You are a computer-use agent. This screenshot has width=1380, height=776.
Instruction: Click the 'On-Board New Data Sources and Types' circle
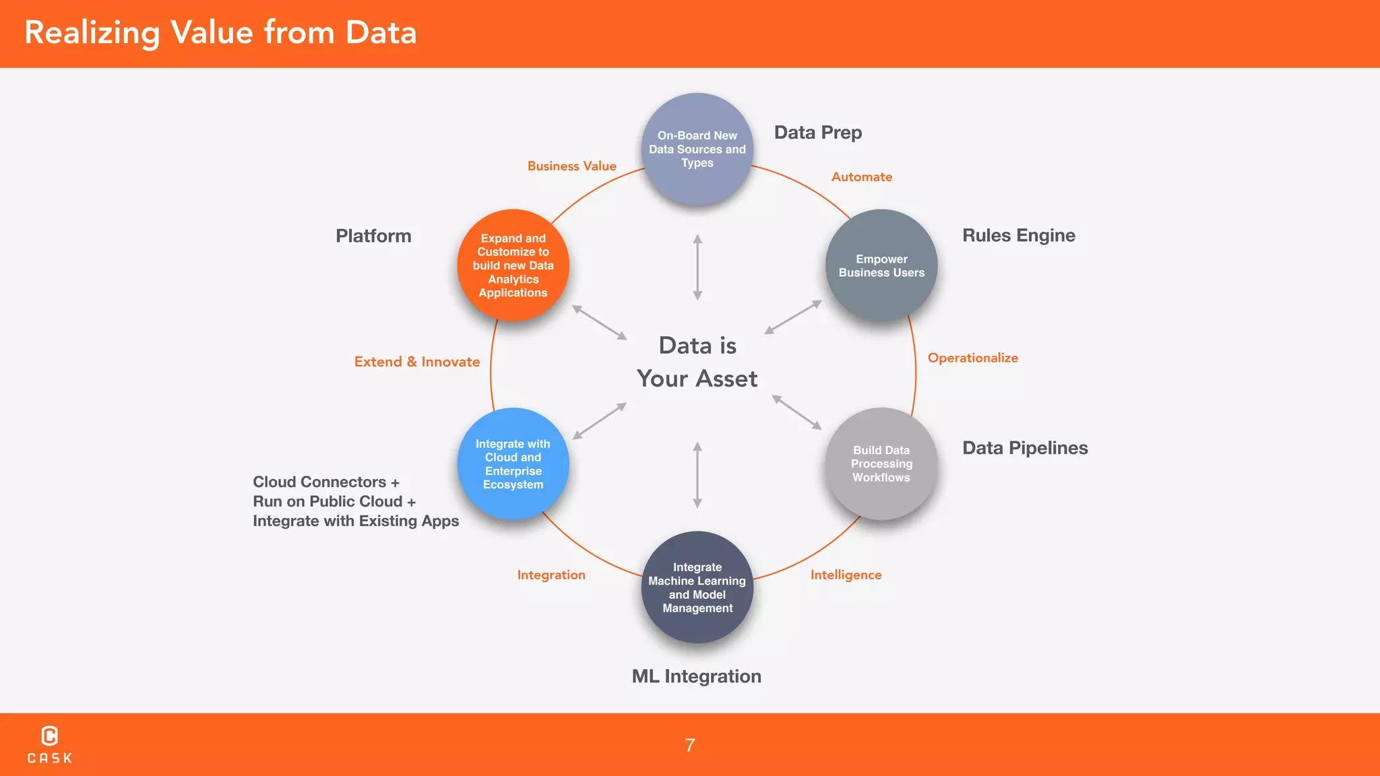coord(697,149)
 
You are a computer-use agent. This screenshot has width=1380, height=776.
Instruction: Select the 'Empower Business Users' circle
coord(881,265)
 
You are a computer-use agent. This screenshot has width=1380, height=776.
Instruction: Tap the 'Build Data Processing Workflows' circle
coord(881,463)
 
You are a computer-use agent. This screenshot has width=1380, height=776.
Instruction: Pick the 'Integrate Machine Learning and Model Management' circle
coord(697,587)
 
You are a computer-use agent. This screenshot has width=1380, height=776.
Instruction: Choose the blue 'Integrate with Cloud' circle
coord(513,463)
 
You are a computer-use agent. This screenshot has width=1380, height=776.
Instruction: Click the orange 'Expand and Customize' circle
coord(513,265)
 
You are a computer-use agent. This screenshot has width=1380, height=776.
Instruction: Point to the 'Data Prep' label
coord(817,133)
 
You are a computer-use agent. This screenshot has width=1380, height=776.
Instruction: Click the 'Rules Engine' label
coord(1018,236)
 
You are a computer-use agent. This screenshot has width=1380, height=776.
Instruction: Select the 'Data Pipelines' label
coord(1025,448)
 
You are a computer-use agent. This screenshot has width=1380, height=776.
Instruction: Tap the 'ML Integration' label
coord(696,676)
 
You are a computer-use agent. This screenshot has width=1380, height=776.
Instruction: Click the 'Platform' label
coord(373,236)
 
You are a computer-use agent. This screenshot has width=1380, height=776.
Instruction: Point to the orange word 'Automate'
coord(861,177)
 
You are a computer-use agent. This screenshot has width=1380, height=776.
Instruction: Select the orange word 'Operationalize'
coord(972,358)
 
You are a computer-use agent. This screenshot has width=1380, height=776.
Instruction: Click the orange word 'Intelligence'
coord(846,575)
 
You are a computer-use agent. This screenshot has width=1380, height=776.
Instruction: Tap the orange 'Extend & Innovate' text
coord(417,362)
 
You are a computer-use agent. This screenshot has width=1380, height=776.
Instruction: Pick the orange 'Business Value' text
coord(571,166)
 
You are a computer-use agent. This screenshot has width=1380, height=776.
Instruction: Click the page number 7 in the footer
coord(690,745)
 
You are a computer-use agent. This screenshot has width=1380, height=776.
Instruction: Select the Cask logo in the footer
coord(50,744)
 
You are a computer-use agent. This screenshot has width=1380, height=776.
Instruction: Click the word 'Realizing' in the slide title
coord(92,33)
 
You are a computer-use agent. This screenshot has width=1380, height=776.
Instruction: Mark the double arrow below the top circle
coord(697,267)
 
